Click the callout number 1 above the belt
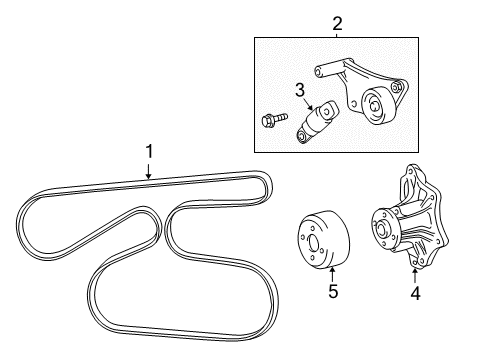coord(149,151)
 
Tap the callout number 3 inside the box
coord(298,91)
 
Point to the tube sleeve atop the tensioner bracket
coord(331,68)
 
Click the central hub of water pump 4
coord(383,246)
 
